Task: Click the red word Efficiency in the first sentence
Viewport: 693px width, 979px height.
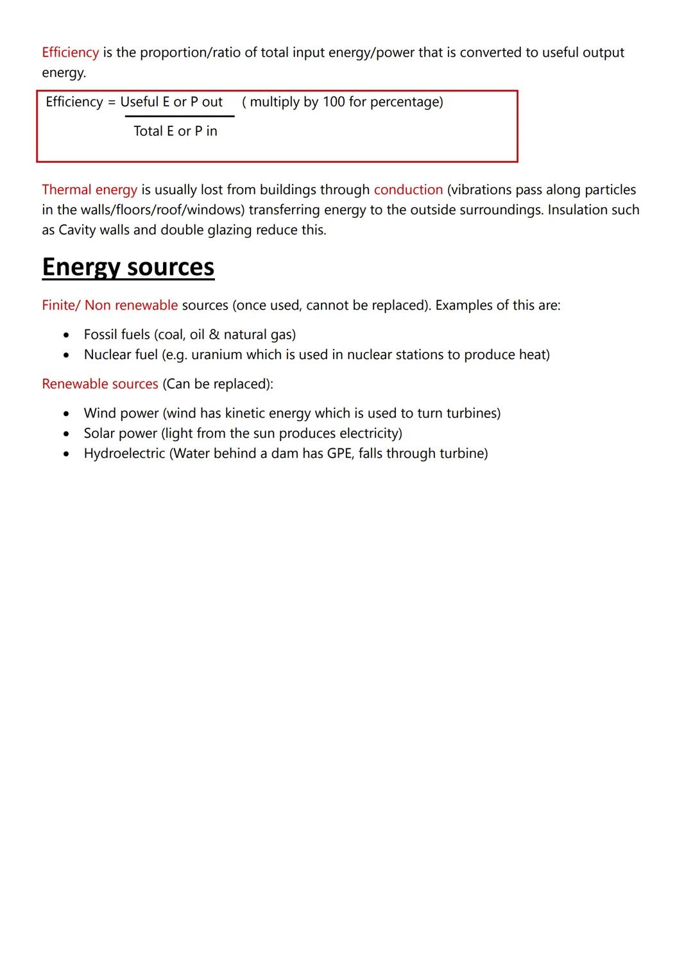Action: (x=70, y=53)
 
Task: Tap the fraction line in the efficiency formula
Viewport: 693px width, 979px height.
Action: (x=180, y=116)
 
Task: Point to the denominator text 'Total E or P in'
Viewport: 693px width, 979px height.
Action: (x=175, y=131)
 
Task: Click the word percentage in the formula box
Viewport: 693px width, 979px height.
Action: (x=406, y=102)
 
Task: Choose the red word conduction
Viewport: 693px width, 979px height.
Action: (x=408, y=190)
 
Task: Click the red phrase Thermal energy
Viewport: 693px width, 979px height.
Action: (x=89, y=190)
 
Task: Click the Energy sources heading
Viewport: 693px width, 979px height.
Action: (x=128, y=267)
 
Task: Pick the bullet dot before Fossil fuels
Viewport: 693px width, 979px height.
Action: (x=66, y=335)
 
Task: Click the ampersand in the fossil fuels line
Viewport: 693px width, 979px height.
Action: (x=214, y=335)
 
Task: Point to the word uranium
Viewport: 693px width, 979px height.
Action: (x=216, y=355)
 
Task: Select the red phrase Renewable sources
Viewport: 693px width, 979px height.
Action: (x=99, y=384)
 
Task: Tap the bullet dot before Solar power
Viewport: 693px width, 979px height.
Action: (x=66, y=434)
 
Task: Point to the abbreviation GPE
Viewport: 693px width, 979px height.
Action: (x=339, y=454)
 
